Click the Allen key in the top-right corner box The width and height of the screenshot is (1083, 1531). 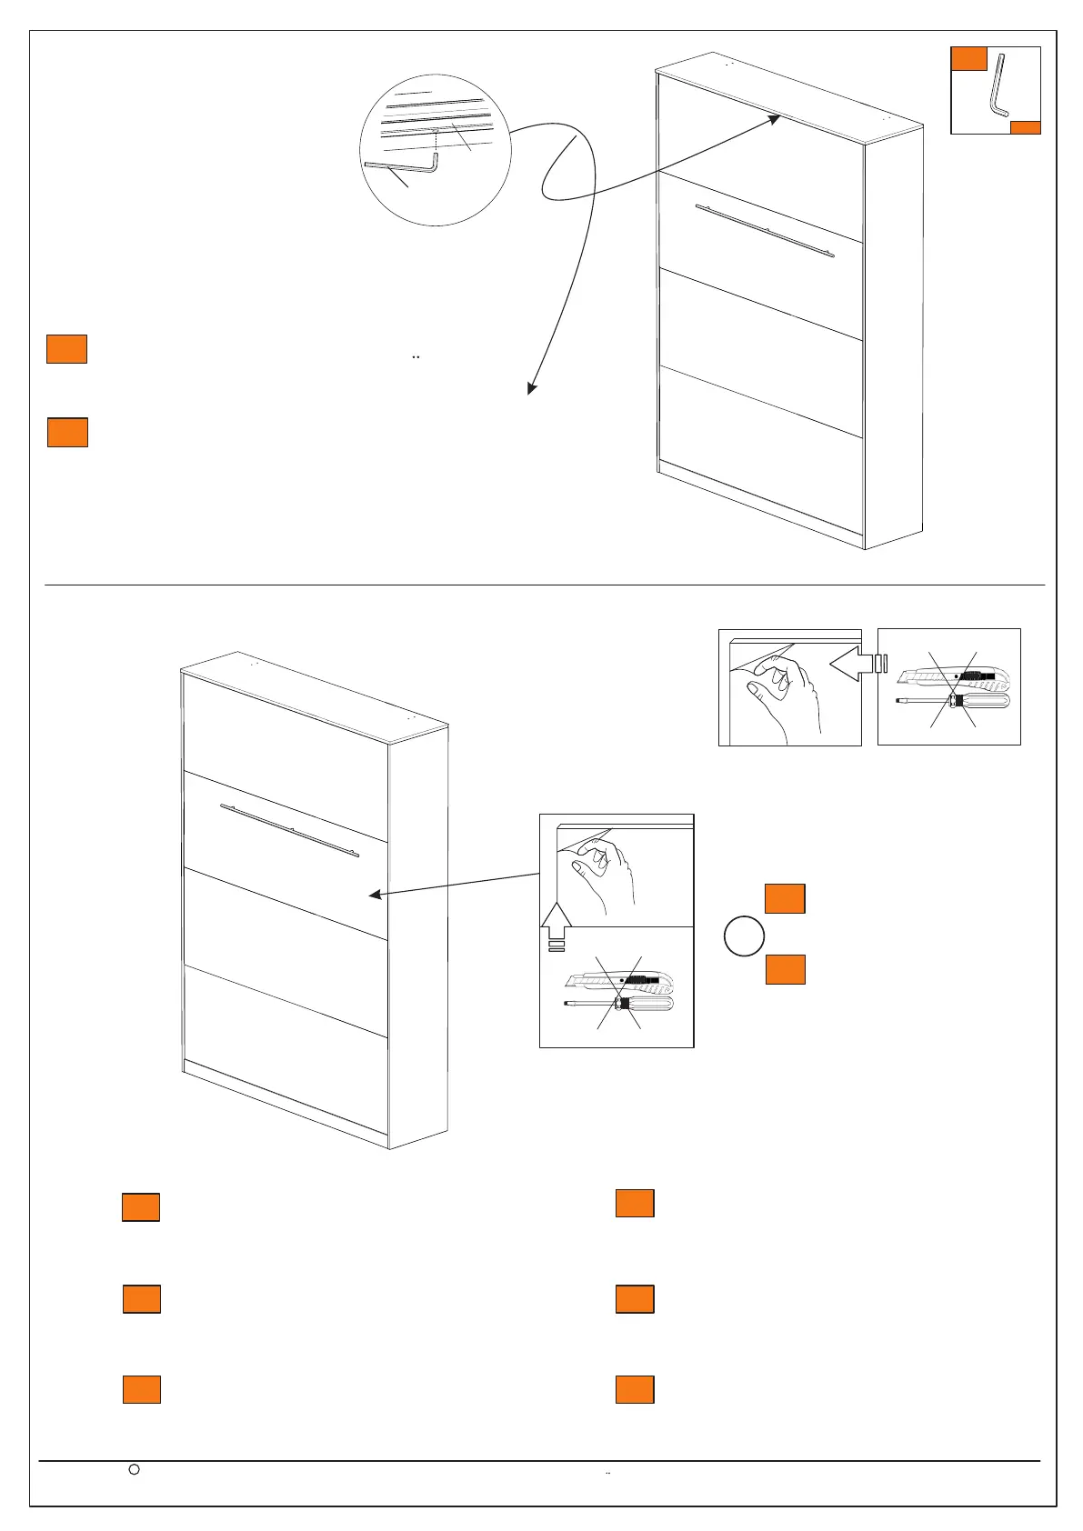pos(999,86)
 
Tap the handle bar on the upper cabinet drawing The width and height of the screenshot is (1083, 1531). pos(765,231)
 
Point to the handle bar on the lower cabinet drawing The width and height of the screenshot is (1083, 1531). pos(290,829)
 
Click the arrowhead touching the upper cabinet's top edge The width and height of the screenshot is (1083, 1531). pos(774,119)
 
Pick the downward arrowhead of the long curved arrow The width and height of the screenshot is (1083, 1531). pos(531,388)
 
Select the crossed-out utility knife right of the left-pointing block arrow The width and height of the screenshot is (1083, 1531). pos(951,676)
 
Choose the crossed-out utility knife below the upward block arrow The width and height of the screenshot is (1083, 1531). pos(618,981)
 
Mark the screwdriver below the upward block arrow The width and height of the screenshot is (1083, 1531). pos(618,1004)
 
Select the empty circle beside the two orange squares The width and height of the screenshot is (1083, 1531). pos(743,936)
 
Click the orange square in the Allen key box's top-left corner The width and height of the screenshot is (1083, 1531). pos(969,58)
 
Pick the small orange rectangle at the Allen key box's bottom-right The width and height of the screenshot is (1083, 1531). pos(1025,127)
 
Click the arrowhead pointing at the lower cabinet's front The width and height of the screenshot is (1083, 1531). pos(374,896)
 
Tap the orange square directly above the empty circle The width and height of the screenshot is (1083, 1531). pos(785,897)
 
